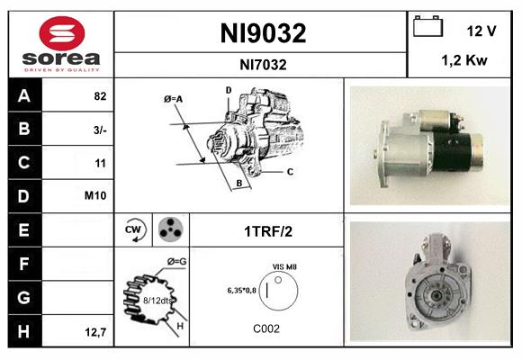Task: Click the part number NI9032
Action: coord(263,33)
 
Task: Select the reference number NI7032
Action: coord(263,64)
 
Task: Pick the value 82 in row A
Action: coord(100,95)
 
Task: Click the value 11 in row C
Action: coord(101,163)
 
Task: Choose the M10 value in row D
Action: coord(96,196)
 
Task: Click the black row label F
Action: coord(23,264)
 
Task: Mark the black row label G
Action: coord(23,297)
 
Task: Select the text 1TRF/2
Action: coord(267,230)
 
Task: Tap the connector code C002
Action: coord(266,328)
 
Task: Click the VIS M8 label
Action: coord(284,266)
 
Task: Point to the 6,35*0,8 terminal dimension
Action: coord(242,290)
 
